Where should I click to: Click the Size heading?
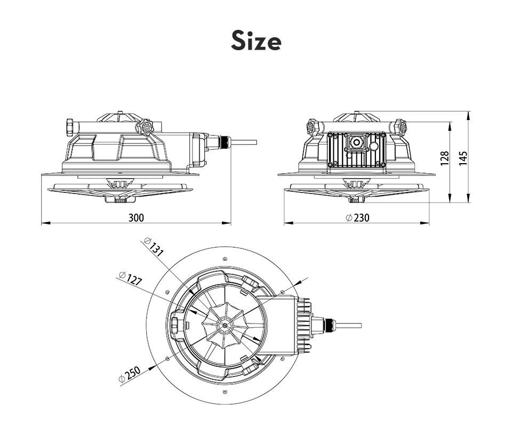256,41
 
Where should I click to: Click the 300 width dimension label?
136,217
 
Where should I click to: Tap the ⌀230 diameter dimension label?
357,217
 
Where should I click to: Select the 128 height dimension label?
444,158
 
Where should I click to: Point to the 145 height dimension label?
463,158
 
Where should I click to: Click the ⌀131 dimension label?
154,247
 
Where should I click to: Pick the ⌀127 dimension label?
131,279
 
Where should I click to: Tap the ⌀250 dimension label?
129,374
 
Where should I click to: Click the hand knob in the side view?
145,126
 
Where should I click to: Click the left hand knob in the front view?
314,126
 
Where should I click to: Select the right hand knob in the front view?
401,126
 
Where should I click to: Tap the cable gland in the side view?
223,142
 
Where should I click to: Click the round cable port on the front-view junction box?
356,142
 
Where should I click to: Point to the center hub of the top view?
225,325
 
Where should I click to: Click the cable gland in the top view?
328,325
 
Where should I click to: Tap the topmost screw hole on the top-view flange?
225,259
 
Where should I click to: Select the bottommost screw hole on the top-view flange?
225,391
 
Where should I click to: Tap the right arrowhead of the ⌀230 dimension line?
425,223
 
